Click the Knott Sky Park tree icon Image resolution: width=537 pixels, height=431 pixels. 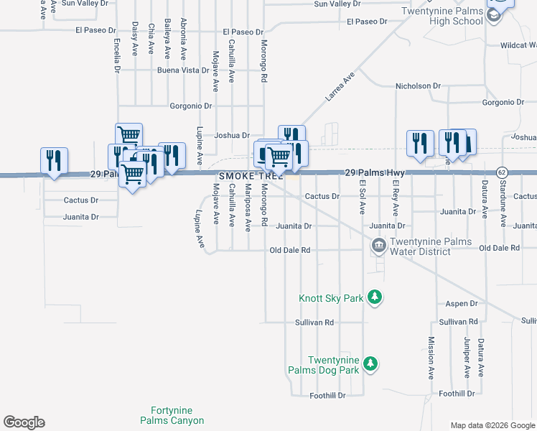[x=373, y=297]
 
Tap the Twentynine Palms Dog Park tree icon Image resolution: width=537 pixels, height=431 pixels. [x=370, y=364]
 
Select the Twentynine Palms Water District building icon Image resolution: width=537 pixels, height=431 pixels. [x=378, y=246]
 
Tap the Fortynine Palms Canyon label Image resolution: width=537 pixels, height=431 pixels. [x=172, y=415]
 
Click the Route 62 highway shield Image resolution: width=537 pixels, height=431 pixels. [x=503, y=172]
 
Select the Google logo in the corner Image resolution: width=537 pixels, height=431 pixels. [x=24, y=422]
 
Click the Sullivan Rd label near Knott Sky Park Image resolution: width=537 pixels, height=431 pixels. [x=314, y=323]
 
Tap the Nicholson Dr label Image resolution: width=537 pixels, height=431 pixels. [x=418, y=86]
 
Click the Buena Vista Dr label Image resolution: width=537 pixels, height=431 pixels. [x=183, y=71]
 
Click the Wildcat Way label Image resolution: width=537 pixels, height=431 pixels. [x=516, y=45]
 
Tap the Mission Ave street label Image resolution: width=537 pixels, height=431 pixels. [x=431, y=358]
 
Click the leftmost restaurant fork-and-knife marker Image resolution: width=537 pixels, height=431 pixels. [x=54, y=160]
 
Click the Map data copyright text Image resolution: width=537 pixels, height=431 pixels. [x=492, y=425]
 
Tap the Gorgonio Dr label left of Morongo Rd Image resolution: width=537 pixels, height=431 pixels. [x=191, y=106]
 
